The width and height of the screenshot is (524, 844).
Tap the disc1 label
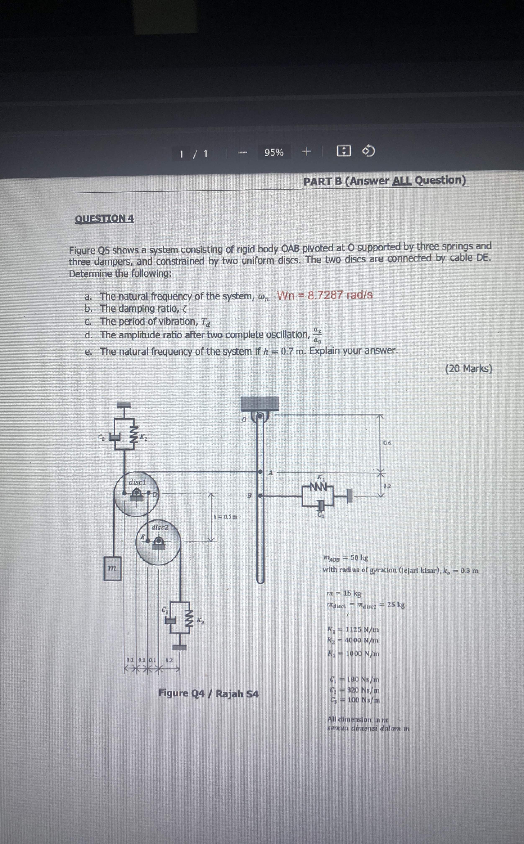137,482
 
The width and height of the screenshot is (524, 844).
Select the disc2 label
160,527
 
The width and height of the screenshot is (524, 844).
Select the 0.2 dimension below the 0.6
387,486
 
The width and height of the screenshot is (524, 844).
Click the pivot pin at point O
260,417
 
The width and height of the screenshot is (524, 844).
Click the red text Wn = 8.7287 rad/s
325,295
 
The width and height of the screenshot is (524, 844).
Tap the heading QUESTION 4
104,219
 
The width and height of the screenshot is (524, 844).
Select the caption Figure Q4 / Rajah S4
208,693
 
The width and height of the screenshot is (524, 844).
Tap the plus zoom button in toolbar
306,152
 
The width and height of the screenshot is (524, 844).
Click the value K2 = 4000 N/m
353,640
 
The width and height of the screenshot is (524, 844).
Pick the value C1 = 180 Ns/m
354,679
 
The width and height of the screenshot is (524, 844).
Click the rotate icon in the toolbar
368,151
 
